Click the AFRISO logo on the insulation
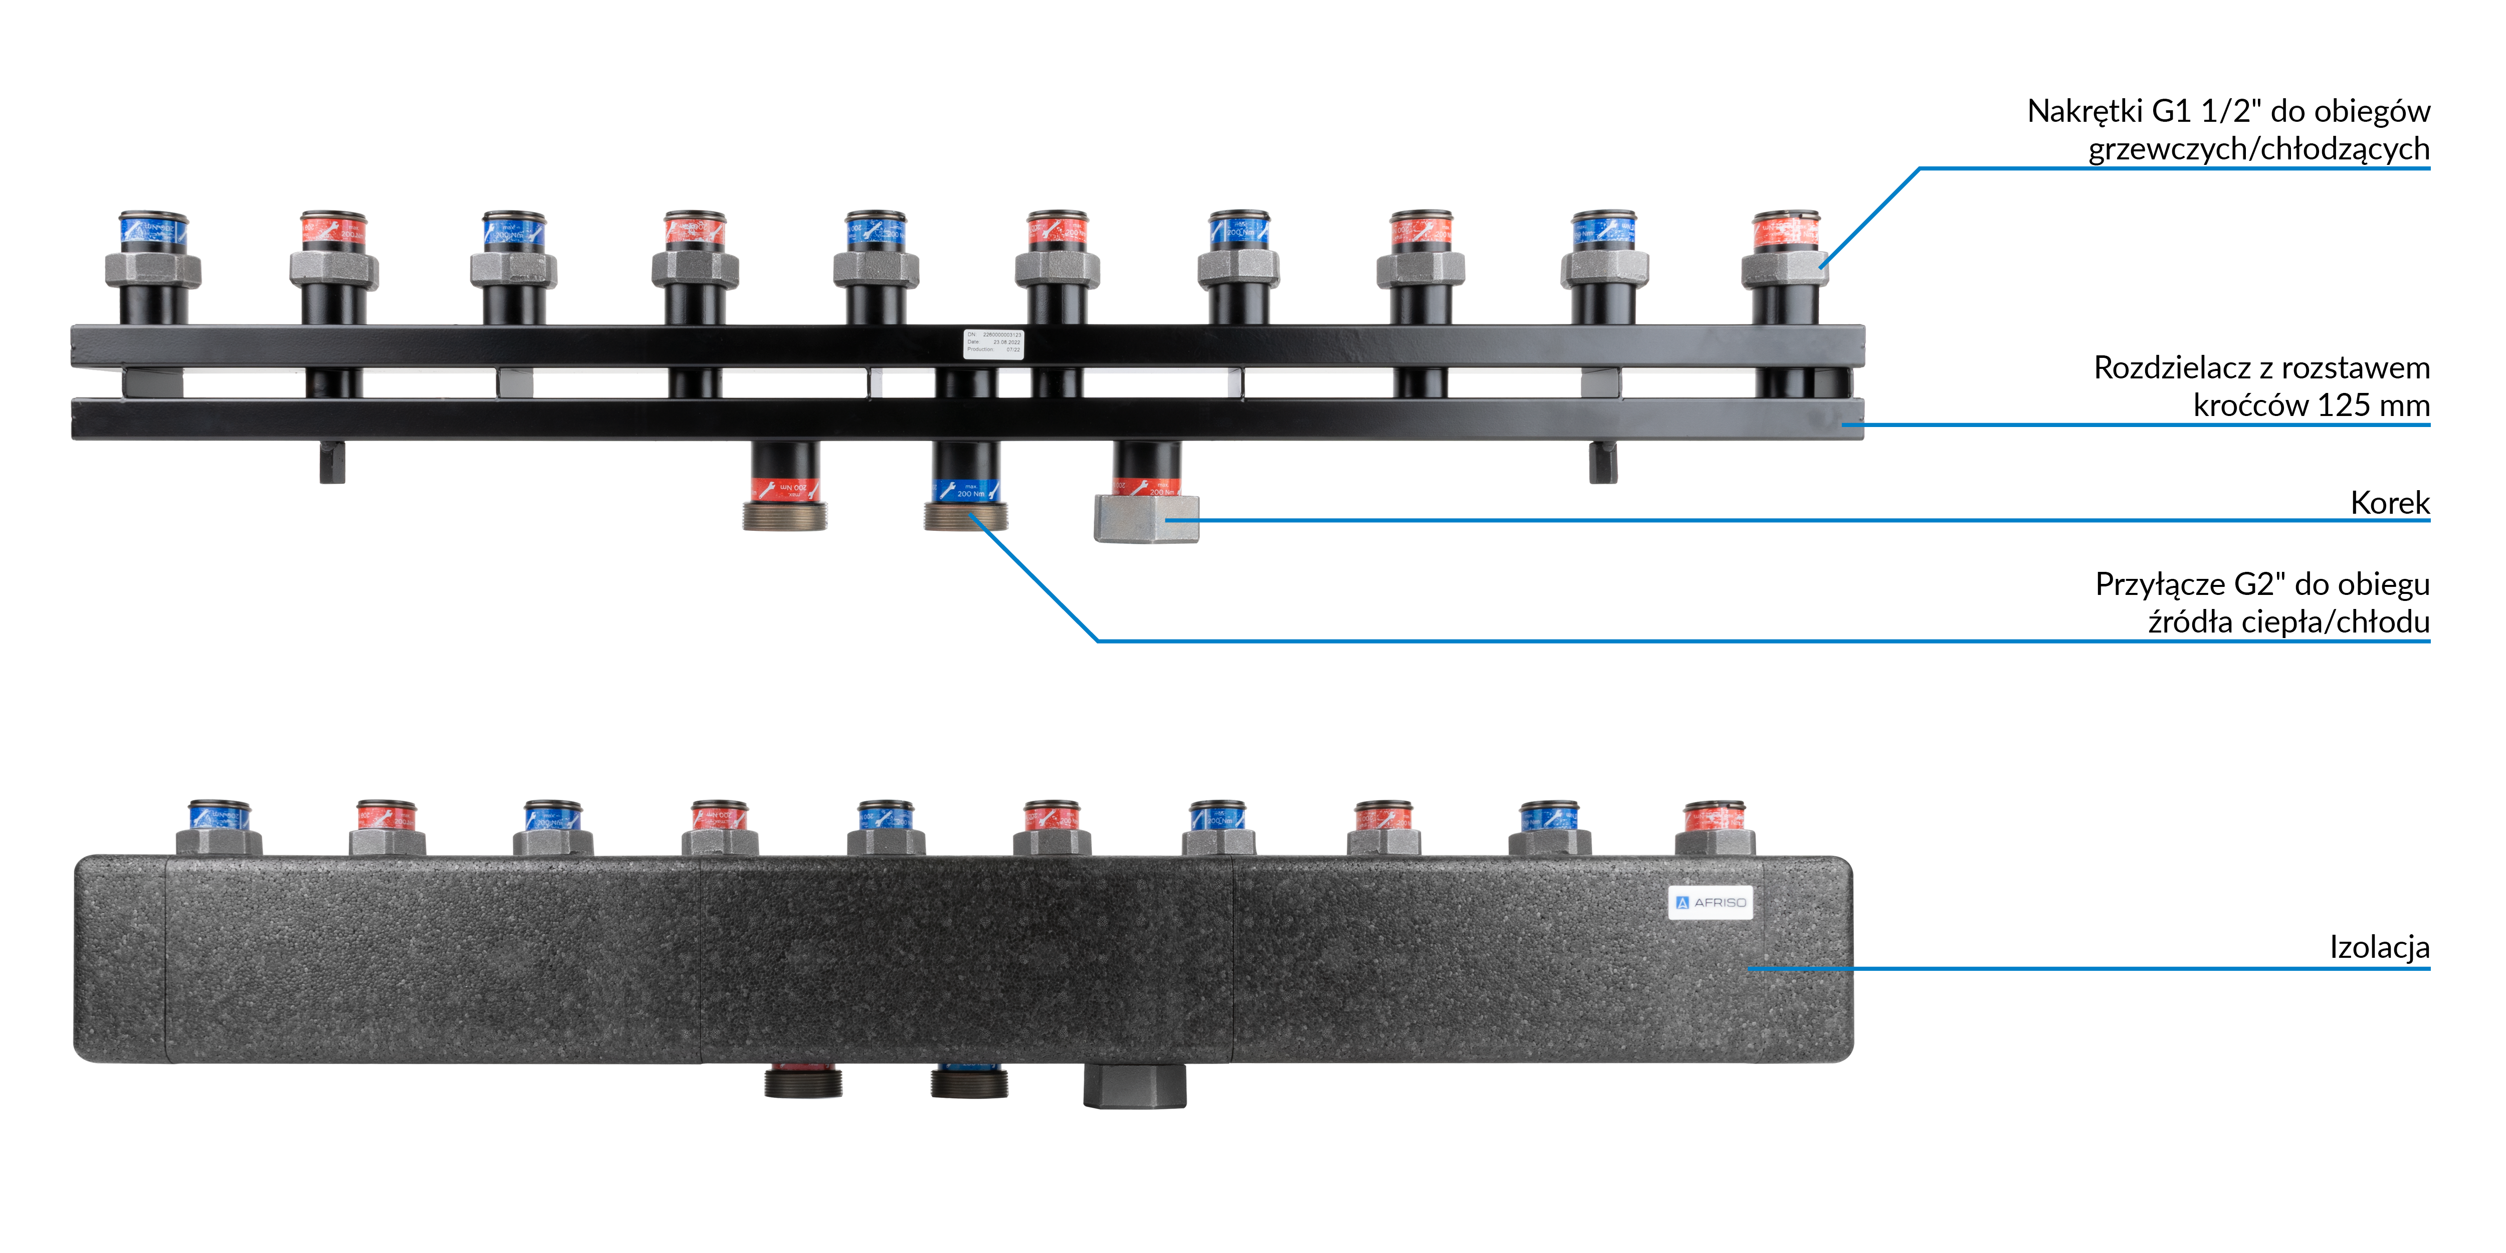tap(1710, 902)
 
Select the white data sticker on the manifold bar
tap(992, 343)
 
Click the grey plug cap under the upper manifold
tap(1146, 519)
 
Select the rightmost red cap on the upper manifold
tap(1785, 232)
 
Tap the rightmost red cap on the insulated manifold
tap(1714, 816)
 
